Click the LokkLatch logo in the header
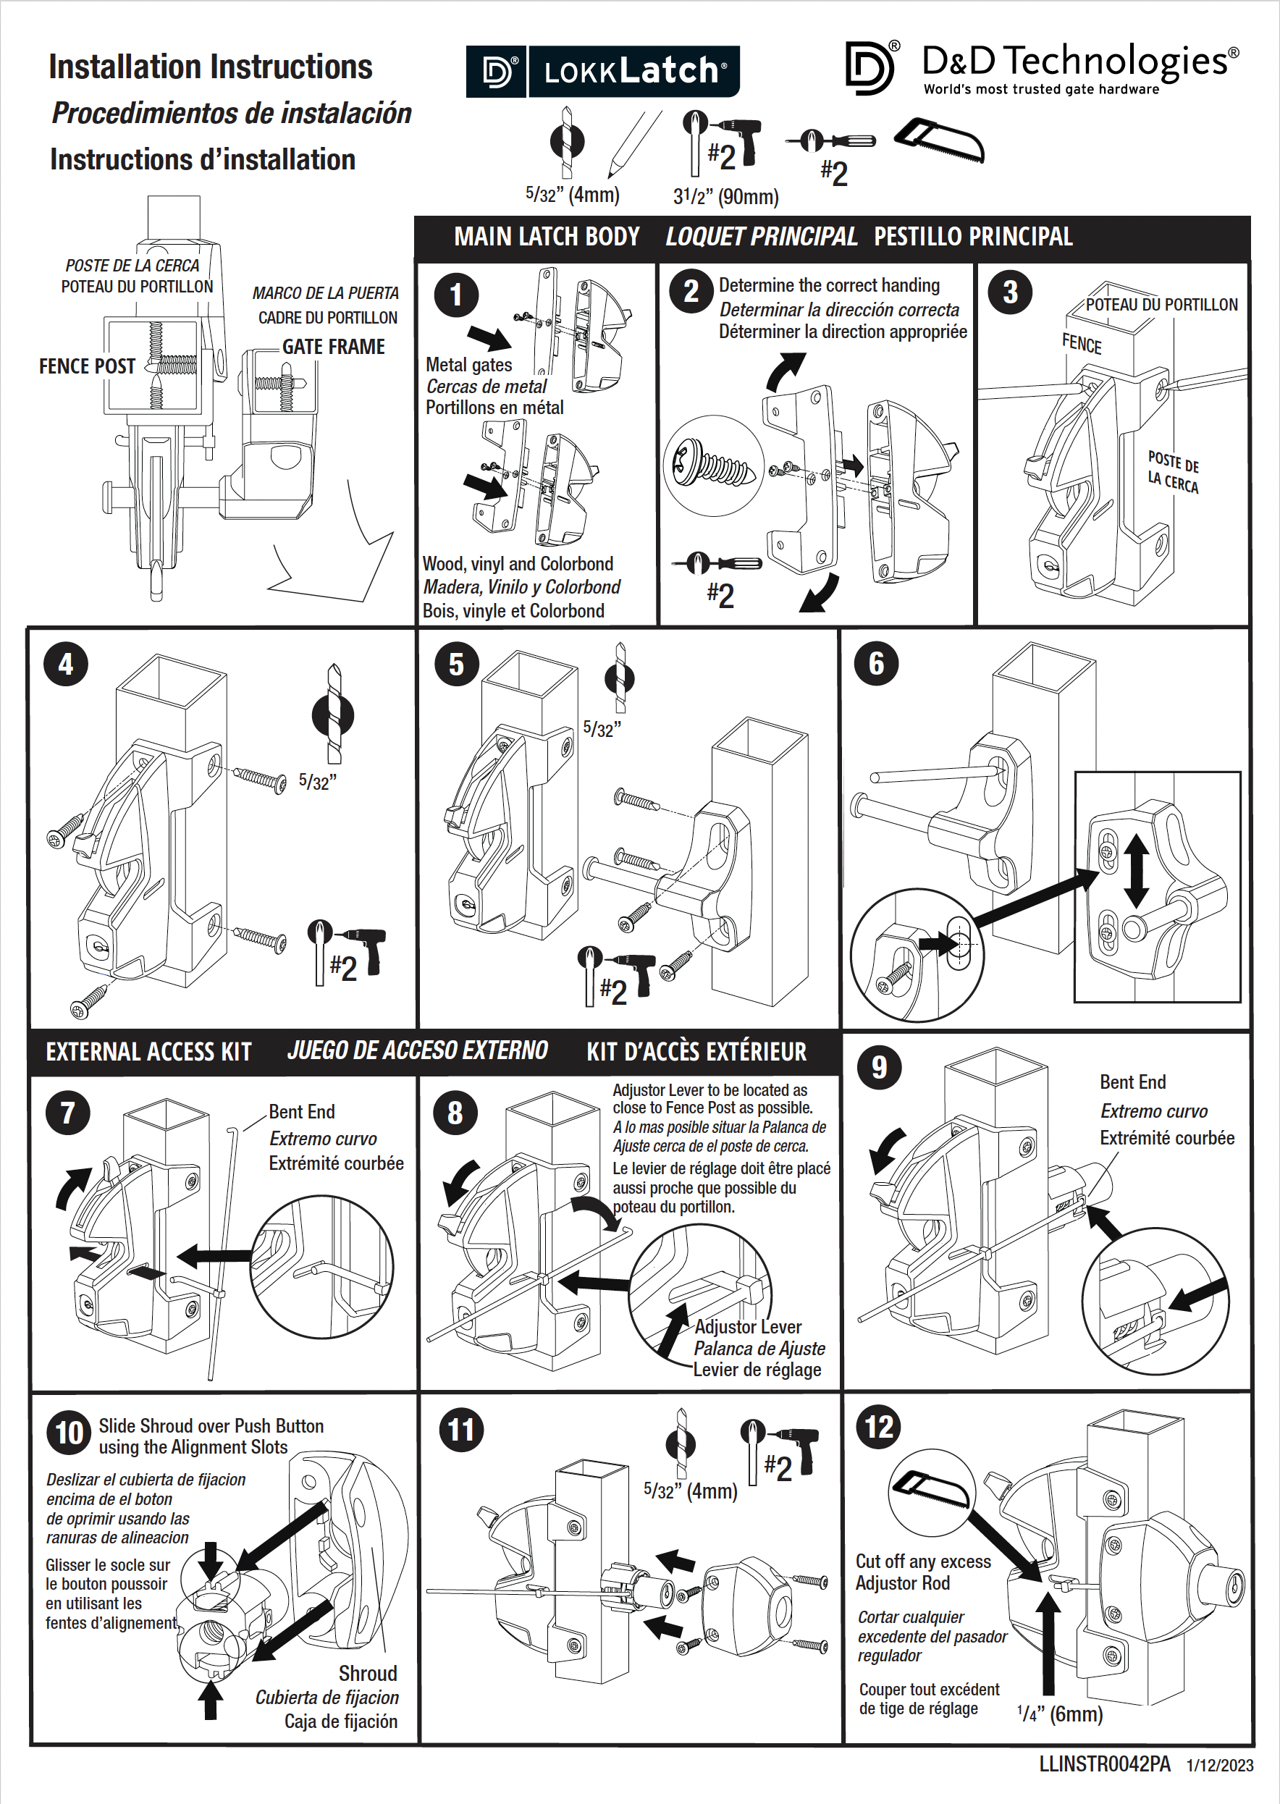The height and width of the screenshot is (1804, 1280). point(603,72)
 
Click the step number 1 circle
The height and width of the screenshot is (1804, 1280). point(455,295)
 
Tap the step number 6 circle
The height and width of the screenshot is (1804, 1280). point(876,664)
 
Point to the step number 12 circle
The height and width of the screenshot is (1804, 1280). point(879,1427)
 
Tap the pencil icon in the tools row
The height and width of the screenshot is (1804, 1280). point(633,143)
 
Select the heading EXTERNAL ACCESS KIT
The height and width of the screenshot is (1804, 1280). point(148,1052)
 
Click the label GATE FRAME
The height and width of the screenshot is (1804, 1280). point(334,347)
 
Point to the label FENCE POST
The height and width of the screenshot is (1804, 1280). point(87,366)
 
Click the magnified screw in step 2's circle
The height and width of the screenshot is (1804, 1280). point(714,465)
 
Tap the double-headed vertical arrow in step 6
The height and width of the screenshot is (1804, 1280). point(1136,871)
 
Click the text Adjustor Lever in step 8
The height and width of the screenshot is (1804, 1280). point(747,1327)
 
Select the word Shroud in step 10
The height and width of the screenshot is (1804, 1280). point(367,1673)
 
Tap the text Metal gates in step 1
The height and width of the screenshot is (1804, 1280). point(468,365)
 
